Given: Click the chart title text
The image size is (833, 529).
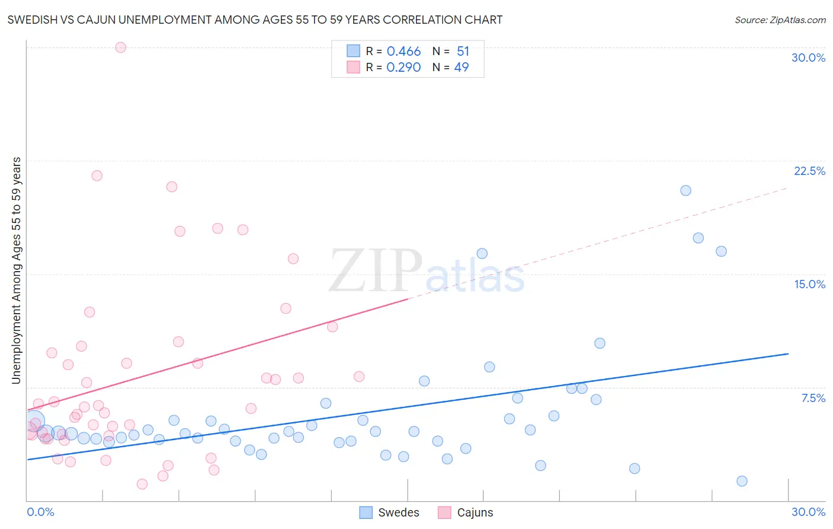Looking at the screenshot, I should pos(255,20).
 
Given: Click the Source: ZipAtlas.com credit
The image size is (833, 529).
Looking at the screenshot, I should pos(780,20).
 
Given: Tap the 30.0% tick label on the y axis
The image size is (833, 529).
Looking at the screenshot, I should pos(808,58).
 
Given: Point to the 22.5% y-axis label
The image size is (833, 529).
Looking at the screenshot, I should pos(809,171).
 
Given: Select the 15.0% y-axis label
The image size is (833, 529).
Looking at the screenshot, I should pos(809,284).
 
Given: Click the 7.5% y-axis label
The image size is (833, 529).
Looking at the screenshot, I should pos(813,398).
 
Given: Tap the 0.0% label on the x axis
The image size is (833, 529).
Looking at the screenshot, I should pos(40,512).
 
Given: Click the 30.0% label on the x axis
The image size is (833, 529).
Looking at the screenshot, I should pos(808,512).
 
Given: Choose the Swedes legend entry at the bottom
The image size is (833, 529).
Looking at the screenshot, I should pos(389,512).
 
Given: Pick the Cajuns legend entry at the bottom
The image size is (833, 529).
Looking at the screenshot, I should pos(466,512).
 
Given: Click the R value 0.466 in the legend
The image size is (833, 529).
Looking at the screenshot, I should pos(403,51).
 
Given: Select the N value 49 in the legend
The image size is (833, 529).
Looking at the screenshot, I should pos(461,67).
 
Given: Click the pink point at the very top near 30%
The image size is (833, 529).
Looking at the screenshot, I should pos(120,47).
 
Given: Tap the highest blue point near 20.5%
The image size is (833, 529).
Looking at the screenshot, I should pos(685,190).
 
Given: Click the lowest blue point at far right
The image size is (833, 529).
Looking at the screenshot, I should pos(742,481).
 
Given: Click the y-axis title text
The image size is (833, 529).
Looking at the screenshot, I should pos(16,270).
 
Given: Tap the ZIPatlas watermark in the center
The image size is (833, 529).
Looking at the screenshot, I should pos(427,272).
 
